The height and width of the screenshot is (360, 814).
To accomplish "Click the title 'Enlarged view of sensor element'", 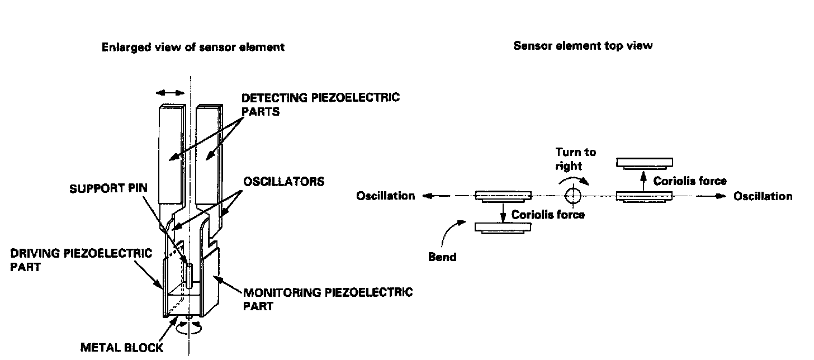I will [193, 48].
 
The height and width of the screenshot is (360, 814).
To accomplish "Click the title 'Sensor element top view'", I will [583, 46].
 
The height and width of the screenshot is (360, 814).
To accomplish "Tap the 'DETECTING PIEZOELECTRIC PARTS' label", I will [320, 104].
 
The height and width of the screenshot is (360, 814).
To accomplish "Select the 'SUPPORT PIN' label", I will [108, 188].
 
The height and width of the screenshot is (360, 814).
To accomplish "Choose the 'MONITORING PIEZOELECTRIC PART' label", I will [327, 299].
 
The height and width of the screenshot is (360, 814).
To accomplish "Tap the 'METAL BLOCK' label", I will [121, 348].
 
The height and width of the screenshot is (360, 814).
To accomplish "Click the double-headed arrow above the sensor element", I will [170, 94].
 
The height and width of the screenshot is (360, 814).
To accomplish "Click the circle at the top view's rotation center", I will [573, 196].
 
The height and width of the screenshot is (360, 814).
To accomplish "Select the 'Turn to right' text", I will [575, 159].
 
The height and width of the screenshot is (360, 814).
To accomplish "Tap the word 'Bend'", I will [442, 258].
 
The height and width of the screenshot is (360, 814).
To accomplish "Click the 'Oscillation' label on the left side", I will [386, 196].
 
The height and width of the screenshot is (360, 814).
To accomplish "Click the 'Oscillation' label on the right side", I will [763, 196].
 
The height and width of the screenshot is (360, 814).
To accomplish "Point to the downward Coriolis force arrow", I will [503, 212].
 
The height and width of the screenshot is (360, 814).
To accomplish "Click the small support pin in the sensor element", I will [190, 274].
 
